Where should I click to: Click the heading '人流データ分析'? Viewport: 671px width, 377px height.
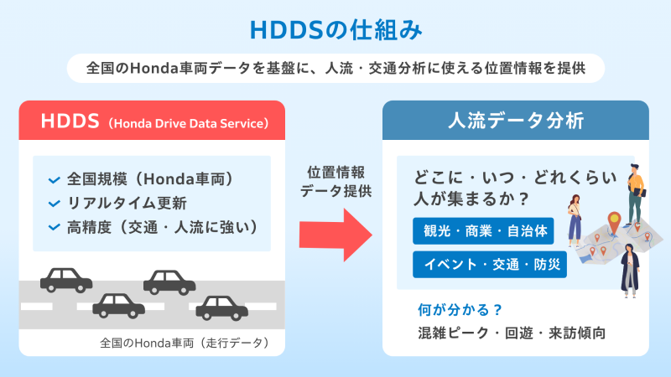pyautogui.click(x=514, y=121)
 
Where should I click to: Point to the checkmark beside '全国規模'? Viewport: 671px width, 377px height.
pyautogui.click(x=55, y=179)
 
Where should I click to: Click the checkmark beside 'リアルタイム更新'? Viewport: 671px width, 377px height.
pyautogui.click(x=55, y=204)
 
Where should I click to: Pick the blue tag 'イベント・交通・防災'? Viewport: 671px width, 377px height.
pyautogui.click(x=489, y=265)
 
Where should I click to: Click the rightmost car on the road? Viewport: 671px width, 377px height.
pyautogui.click(x=221, y=307)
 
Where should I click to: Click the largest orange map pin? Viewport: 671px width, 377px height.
pyautogui.click(x=613, y=222)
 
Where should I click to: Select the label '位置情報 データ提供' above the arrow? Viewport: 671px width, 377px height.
pyautogui.click(x=335, y=180)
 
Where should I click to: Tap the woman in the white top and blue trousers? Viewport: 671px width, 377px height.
pyautogui.click(x=576, y=218)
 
